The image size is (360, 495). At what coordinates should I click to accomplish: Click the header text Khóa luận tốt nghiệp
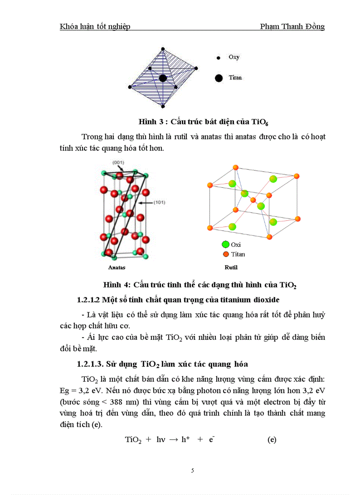coord(95,26)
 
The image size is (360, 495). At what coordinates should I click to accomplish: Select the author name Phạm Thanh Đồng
coord(292,26)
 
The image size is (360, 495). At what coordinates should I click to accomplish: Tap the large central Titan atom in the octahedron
coord(163,78)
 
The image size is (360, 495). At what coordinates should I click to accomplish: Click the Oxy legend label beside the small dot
coord(234,57)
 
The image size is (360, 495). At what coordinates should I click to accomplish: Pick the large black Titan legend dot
coord(218,78)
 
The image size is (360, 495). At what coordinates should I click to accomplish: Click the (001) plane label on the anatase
coord(118,163)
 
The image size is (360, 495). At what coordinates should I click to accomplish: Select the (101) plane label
coord(159,203)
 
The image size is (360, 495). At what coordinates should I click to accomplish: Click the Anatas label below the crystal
coord(117,267)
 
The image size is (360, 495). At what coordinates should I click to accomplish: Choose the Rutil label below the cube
coord(231,267)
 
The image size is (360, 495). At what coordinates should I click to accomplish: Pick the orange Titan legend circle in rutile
coord(226,254)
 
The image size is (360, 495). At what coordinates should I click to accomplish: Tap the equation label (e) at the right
coord(272,439)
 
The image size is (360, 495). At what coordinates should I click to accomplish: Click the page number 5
coord(192,470)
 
